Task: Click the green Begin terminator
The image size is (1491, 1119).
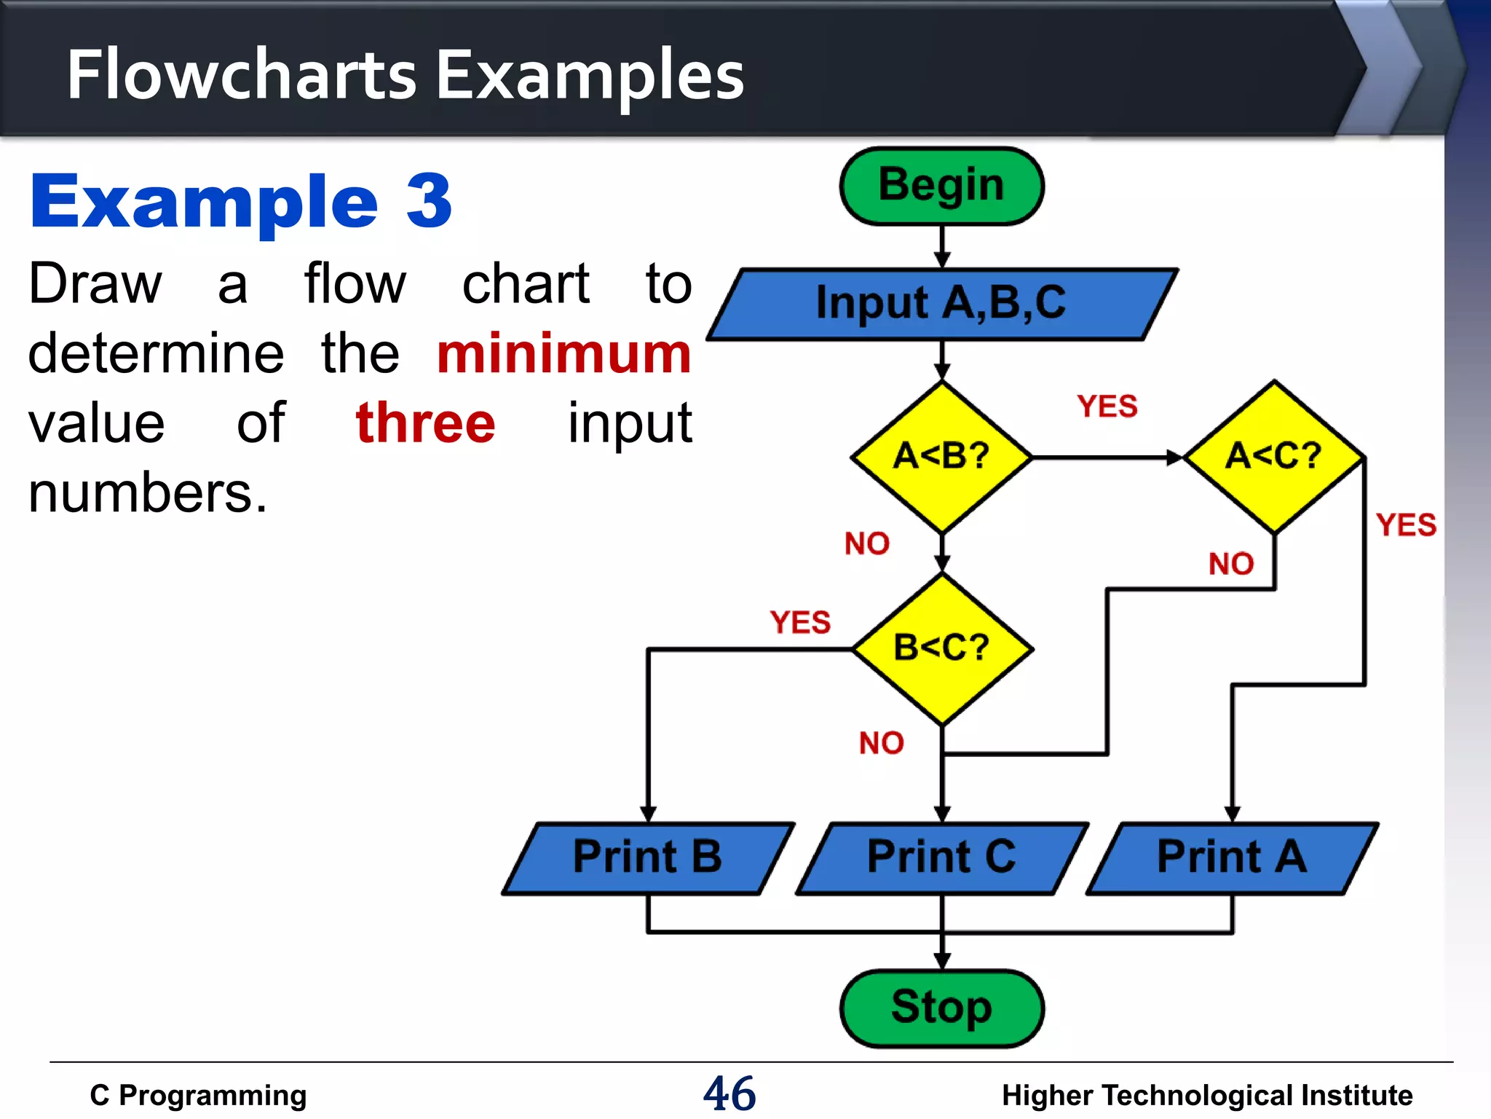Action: click(941, 186)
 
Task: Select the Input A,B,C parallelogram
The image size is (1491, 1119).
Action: click(941, 304)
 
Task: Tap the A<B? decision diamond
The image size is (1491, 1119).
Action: click(941, 457)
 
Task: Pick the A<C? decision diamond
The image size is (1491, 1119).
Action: click(1273, 457)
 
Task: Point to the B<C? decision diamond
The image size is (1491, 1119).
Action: click(941, 648)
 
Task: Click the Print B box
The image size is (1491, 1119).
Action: click(647, 857)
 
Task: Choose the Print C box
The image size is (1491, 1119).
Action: click(941, 857)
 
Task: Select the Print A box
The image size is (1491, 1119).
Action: click(1231, 857)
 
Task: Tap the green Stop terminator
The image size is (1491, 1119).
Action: click(941, 1008)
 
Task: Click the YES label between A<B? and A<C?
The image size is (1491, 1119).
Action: click(1107, 407)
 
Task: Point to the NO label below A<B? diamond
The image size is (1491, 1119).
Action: click(866, 543)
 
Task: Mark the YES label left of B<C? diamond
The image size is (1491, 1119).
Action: click(800, 623)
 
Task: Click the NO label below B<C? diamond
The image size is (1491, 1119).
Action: click(881, 743)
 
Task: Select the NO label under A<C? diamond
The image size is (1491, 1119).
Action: click(1230, 564)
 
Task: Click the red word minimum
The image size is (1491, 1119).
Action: click(563, 355)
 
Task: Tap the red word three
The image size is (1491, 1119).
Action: click(425, 424)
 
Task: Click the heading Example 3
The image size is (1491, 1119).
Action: click(241, 201)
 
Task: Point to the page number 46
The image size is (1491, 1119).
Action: click(729, 1094)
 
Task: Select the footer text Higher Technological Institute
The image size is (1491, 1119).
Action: click(1206, 1096)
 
